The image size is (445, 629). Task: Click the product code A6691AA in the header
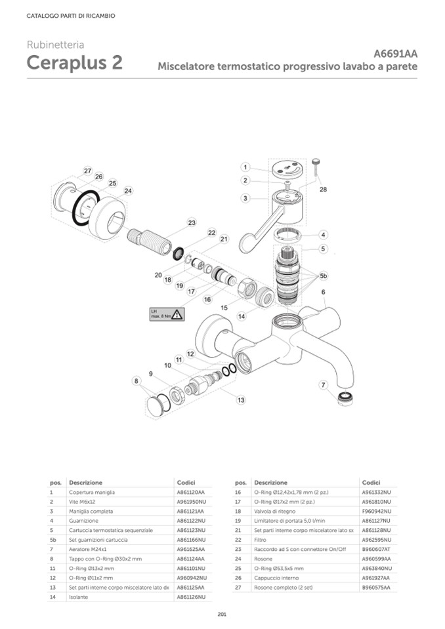pyautogui.click(x=395, y=54)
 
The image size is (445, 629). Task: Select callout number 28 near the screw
pyautogui.click(x=323, y=190)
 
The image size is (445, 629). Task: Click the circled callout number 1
pyautogui.click(x=244, y=167)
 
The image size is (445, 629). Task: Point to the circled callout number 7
pyautogui.click(x=323, y=384)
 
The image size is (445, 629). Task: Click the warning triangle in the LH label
pyautogui.click(x=175, y=314)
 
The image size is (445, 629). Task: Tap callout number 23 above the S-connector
pyautogui.click(x=192, y=223)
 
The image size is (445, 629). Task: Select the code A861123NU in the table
pyautogui.click(x=191, y=529)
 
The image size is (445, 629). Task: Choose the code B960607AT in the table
pyautogui.click(x=376, y=548)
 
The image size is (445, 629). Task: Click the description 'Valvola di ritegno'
pyautogui.click(x=275, y=510)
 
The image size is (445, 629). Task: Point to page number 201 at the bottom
pyautogui.click(x=222, y=614)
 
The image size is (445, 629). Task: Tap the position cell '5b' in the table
pyautogui.click(x=53, y=539)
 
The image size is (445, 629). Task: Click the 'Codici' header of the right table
pyautogui.click(x=371, y=482)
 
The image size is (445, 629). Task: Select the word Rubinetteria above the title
pyautogui.click(x=55, y=45)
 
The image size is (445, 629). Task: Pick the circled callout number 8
pyautogui.click(x=136, y=380)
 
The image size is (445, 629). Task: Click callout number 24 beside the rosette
pyautogui.click(x=128, y=191)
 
